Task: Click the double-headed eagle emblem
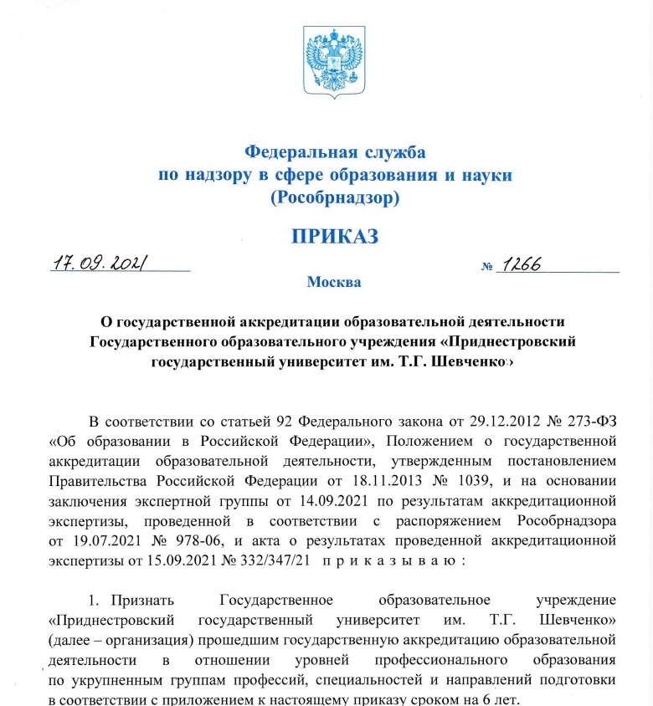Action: coord(334,64)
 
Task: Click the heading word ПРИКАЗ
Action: coord(334,236)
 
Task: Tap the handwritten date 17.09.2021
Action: coord(100,263)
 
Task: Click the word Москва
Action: coord(334,282)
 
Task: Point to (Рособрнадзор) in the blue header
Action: coord(334,198)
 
